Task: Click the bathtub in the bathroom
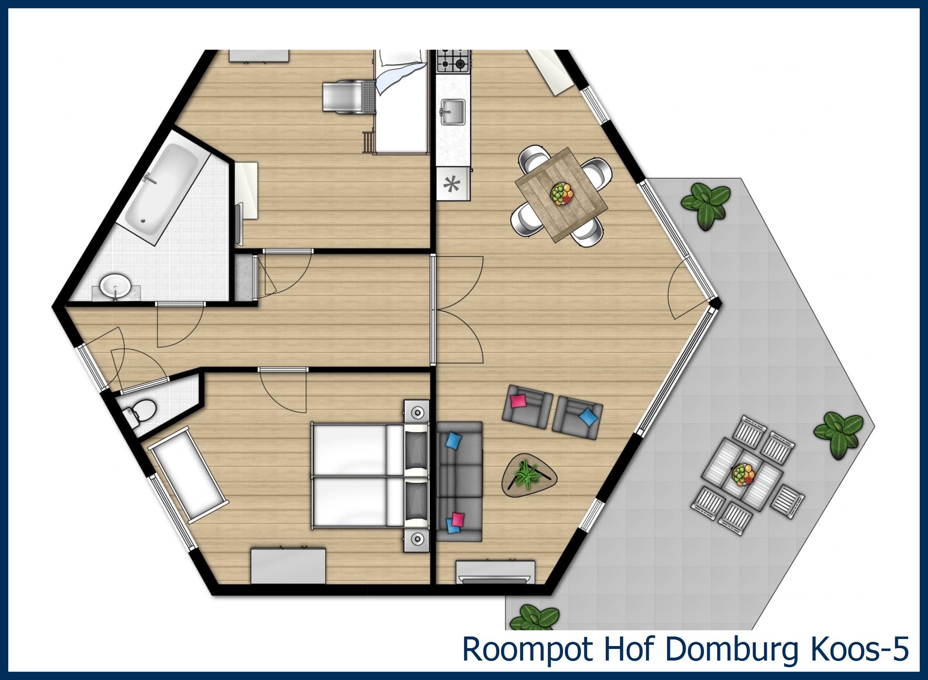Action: coord(162,187)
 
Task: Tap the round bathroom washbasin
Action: coord(116,286)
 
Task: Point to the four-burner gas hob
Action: coord(453,60)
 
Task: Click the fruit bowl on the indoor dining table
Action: coord(562,194)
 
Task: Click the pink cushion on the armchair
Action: coord(519,401)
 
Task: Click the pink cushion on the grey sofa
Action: coord(458,518)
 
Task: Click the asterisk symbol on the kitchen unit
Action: coord(452,184)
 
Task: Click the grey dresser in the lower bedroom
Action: coord(288,566)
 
